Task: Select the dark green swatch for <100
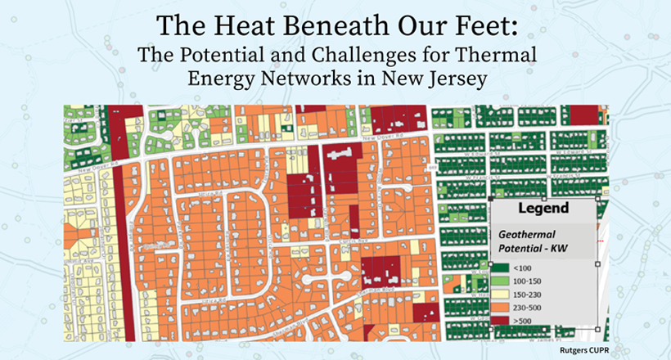(501, 267)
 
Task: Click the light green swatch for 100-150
(501, 281)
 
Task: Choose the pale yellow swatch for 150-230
(501, 295)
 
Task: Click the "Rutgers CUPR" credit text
(582, 349)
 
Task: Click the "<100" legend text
(521, 267)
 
